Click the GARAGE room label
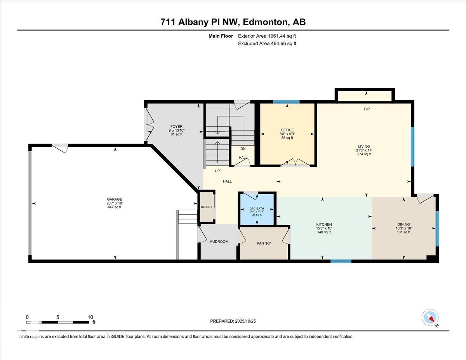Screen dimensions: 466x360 (x=115, y=199)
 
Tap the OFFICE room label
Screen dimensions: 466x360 (x=287, y=130)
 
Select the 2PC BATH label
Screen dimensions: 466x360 (x=257, y=209)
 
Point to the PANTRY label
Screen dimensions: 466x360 (x=264, y=243)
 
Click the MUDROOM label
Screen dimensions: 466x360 (x=219, y=242)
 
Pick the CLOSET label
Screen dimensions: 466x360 (x=206, y=207)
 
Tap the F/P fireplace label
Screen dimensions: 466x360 (x=367, y=109)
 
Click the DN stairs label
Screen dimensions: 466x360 (x=243, y=149)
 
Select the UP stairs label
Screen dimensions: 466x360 (x=217, y=171)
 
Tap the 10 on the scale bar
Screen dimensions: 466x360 (x=90, y=317)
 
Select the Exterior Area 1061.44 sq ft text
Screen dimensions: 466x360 (x=267, y=36)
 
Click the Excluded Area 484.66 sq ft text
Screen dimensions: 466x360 (x=267, y=43)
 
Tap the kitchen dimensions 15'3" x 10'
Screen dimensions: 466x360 (x=324, y=228)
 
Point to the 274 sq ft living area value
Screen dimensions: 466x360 (x=364, y=154)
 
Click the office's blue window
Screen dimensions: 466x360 (x=286, y=102)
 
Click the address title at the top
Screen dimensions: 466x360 (x=233, y=22)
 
